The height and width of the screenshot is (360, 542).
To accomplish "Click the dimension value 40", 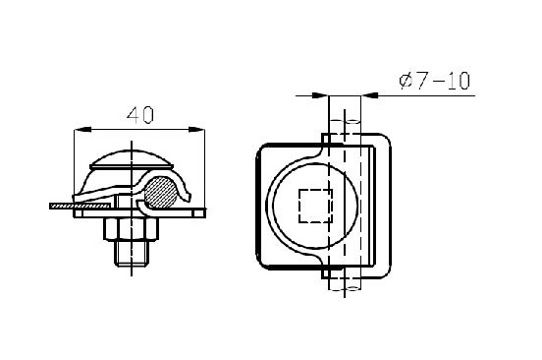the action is (140, 115).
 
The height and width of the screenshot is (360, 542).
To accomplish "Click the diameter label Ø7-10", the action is (435, 81).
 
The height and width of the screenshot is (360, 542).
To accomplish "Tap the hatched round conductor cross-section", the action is (160, 193).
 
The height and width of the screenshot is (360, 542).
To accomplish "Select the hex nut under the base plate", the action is (131, 229).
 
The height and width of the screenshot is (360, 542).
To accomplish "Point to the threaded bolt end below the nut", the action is (132, 253).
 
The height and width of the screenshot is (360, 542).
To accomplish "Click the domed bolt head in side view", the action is (132, 159).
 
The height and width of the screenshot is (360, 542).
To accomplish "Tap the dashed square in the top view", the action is (315, 206).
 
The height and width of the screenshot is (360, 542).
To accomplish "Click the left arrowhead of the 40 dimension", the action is (82, 130).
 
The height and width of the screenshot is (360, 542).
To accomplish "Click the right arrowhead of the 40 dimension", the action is (196, 130).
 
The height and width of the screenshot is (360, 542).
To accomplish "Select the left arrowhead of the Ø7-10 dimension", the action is (319, 95).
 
